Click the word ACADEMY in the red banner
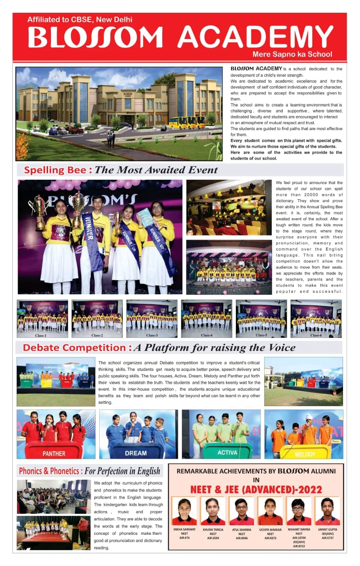[255, 37]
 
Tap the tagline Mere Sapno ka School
[292, 54]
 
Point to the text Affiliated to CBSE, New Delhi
[80, 20]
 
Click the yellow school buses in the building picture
[186, 123]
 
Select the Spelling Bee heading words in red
[55, 170]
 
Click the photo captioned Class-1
[42, 318]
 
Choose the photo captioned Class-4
[207, 318]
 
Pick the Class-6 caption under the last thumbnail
[316, 335]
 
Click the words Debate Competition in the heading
[74, 348]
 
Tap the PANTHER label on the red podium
[54, 454]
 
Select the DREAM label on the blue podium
[136, 453]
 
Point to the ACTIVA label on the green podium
[227, 452]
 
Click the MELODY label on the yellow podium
[305, 454]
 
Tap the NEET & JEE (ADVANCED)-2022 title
[256, 490]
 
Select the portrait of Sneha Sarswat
[184, 511]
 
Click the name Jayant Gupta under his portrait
[327, 530]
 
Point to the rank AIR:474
[184, 538]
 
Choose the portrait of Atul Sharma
[242, 511]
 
